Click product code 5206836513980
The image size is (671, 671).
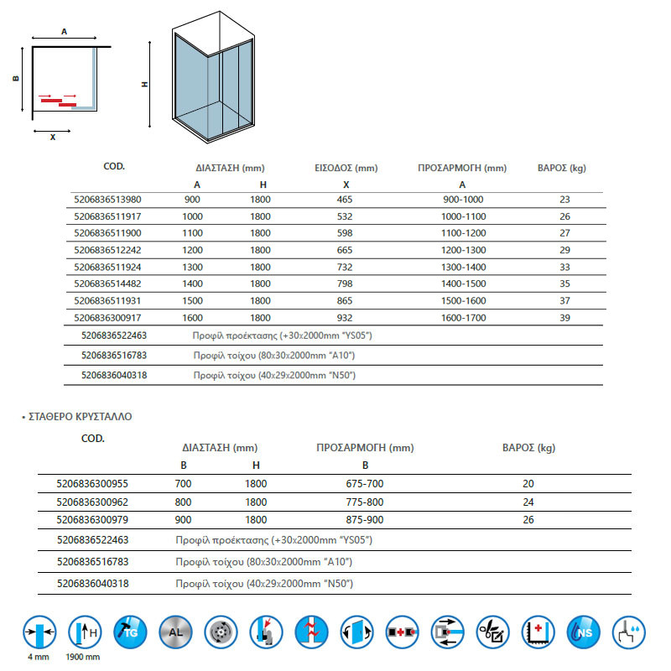[108, 200]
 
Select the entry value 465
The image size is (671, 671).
[345, 200]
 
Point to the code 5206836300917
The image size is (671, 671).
[108, 317]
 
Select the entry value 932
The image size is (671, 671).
[345, 317]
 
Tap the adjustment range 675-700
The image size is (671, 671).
[365, 483]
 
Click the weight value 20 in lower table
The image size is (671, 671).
[528, 483]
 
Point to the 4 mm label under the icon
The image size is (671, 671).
[39, 657]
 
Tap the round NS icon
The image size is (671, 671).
[583, 631]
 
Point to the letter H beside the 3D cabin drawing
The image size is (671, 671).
[145, 84]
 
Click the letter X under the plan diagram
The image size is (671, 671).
[53, 137]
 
